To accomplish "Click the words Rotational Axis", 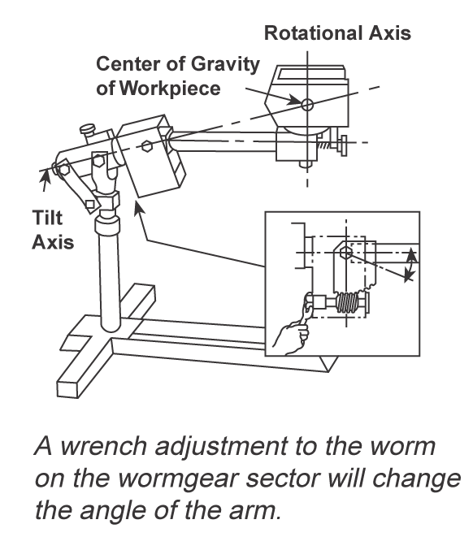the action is [x=337, y=33].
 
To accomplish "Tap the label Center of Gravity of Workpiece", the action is [x=177, y=76].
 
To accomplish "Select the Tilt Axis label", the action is [x=53, y=230].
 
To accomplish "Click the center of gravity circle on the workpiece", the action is [x=307, y=104].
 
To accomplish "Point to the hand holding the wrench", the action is [x=292, y=336].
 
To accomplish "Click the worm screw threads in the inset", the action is [x=347, y=302].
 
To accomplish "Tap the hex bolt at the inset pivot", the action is [x=346, y=253].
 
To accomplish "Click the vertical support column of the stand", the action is [x=110, y=277].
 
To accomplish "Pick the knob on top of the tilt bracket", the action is [x=88, y=129].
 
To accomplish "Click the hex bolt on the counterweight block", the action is [x=146, y=145].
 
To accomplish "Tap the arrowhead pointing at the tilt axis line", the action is [x=46, y=175].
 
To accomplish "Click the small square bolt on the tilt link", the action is [x=89, y=205].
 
